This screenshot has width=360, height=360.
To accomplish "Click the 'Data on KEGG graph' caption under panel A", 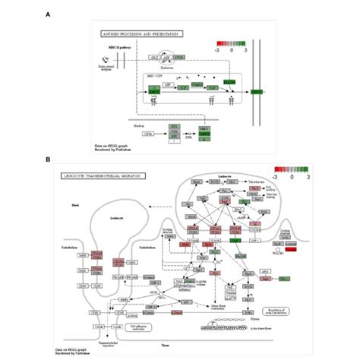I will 107,142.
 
